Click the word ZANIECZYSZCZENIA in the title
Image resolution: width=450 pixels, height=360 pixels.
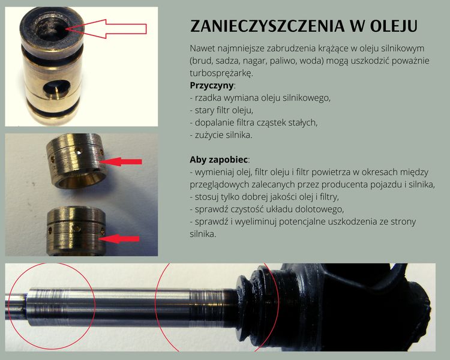[x=268, y=26]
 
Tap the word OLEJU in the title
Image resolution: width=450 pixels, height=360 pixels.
[x=394, y=26]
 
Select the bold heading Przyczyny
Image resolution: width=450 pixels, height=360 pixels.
[x=212, y=86]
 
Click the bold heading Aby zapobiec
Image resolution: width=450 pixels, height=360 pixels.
[x=218, y=160]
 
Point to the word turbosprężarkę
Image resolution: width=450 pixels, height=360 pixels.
[x=220, y=73]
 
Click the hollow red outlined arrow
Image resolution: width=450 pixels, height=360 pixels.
[x=106, y=29]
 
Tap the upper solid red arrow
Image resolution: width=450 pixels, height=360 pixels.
[x=121, y=161]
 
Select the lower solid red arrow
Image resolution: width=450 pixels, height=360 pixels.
[x=119, y=239]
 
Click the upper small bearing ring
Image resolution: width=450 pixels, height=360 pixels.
[x=76, y=161]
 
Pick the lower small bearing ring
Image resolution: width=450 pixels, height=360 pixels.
[x=76, y=230]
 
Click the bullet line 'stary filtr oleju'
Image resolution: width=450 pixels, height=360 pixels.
[x=221, y=110]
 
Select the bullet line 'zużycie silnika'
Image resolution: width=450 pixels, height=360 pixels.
[x=221, y=135]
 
